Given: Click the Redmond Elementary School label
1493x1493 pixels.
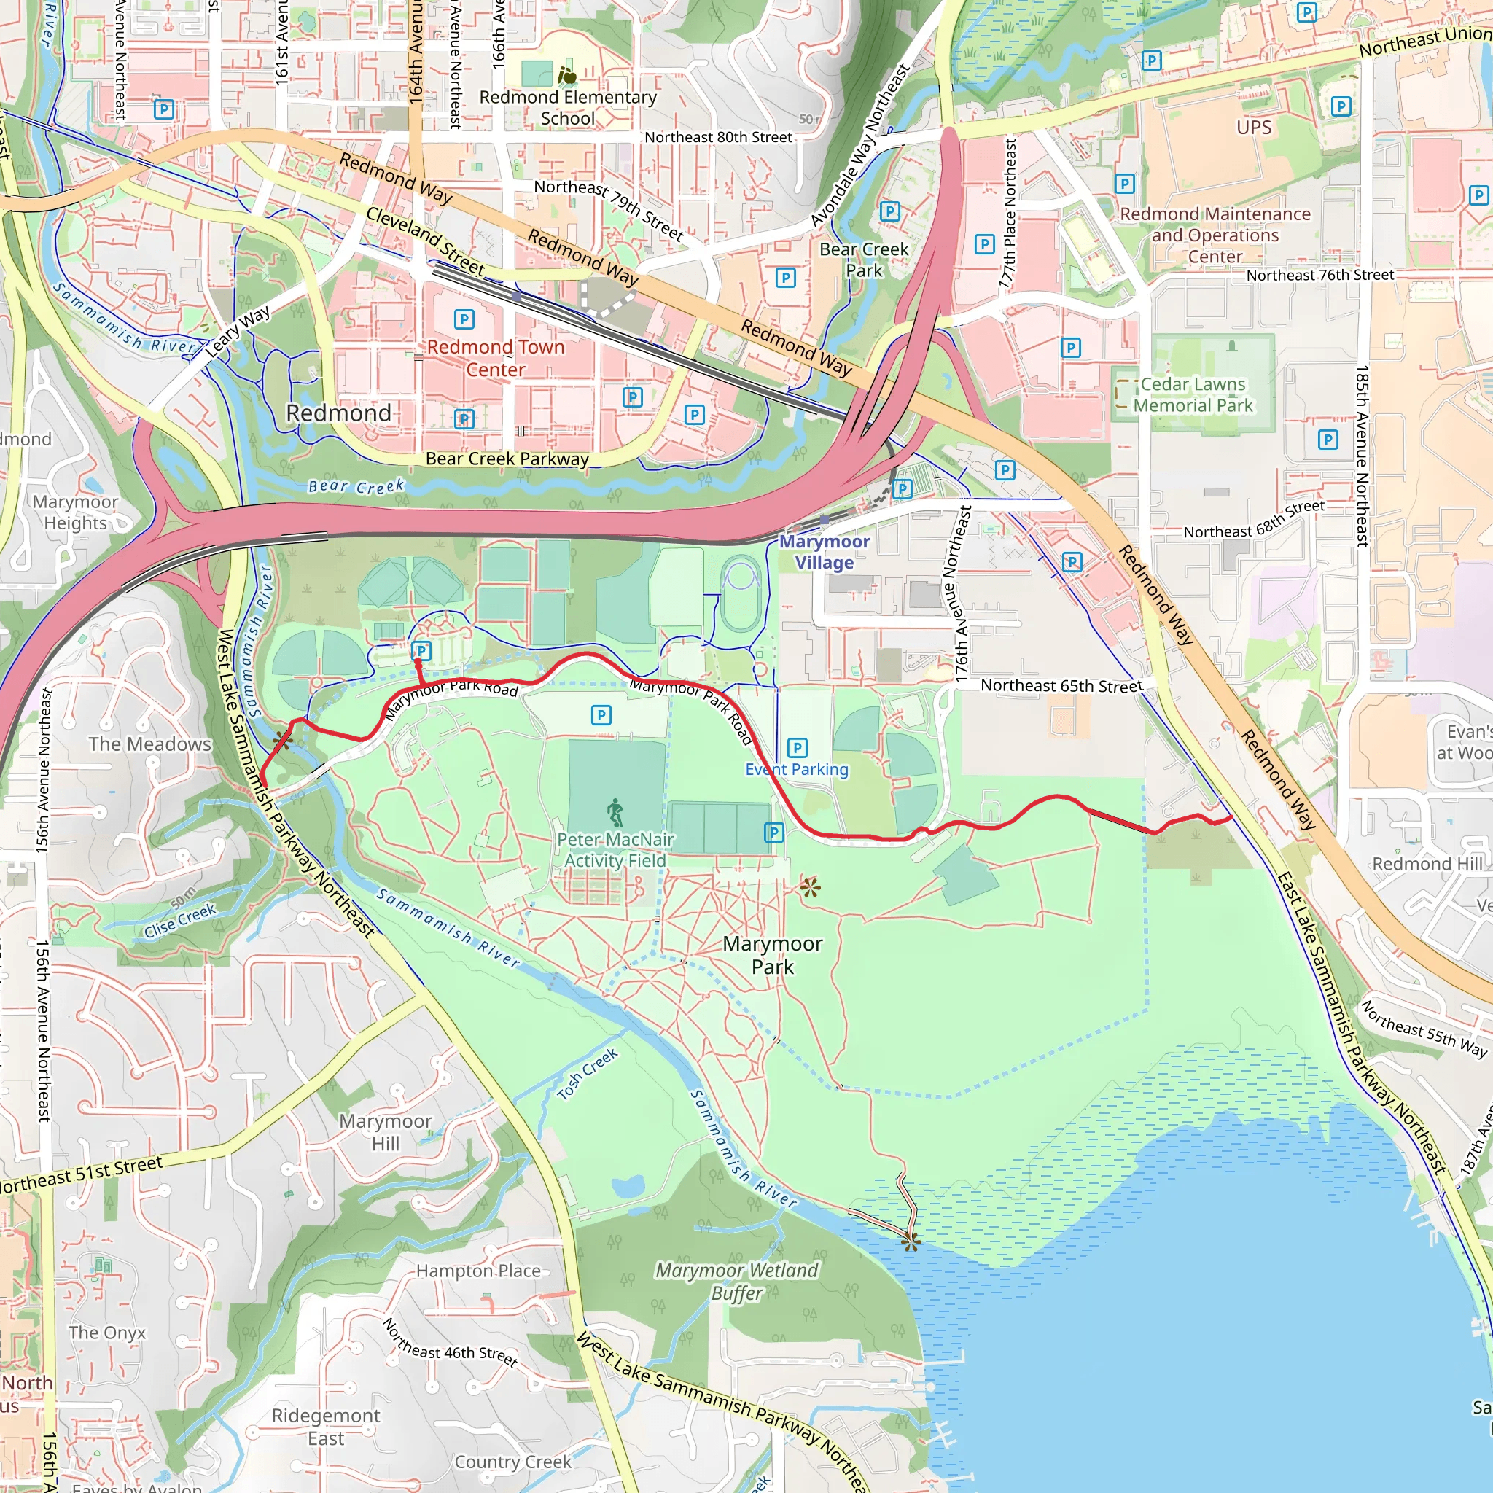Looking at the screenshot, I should pyautogui.click(x=568, y=107).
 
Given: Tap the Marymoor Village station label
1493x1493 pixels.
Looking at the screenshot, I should pyautogui.click(x=825, y=552).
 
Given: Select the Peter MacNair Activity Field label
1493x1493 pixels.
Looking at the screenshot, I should pyautogui.click(x=615, y=850).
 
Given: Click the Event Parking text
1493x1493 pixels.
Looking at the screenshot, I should pyautogui.click(x=797, y=770).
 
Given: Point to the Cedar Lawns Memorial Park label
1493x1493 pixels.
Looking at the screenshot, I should pyautogui.click(x=1193, y=395).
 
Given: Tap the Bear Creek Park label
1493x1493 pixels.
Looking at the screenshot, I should pyautogui.click(x=864, y=260).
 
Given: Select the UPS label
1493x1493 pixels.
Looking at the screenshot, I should pyautogui.click(x=1253, y=128).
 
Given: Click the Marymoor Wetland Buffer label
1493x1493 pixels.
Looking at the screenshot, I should pyautogui.click(x=736, y=1282).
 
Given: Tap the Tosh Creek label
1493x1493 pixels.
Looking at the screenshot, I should pyautogui.click(x=588, y=1073).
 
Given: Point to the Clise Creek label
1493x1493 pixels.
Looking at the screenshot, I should pyautogui.click(x=180, y=921).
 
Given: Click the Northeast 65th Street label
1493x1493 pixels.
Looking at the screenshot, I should pyautogui.click(x=1061, y=685).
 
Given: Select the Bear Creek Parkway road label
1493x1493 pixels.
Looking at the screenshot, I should pyautogui.click(x=507, y=459).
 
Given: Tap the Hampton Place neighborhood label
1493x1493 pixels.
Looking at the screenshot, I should pyautogui.click(x=478, y=1271).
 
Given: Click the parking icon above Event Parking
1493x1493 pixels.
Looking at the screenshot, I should pyautogui.click(x=797, y=747).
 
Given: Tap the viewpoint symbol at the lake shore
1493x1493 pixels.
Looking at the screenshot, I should pyautogui.click(x=911, y=1241).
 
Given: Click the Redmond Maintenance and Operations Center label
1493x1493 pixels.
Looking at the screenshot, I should pyautogui.click(x=1215, y=235).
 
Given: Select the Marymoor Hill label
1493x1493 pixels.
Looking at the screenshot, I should pyautogui.click(x=386, y=1132).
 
